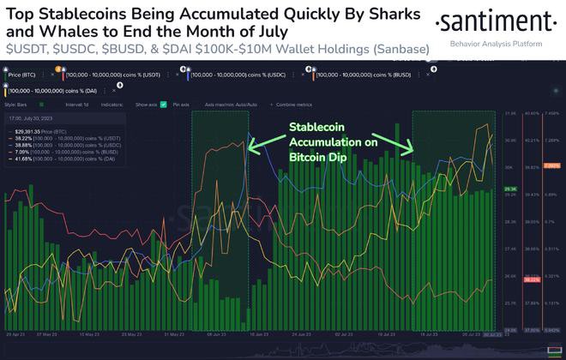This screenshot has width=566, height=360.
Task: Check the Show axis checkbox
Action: pyautogui.click(x=167, y=105)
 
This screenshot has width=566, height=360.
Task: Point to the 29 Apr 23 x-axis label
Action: pyautogui.click(x=17, y=334)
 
